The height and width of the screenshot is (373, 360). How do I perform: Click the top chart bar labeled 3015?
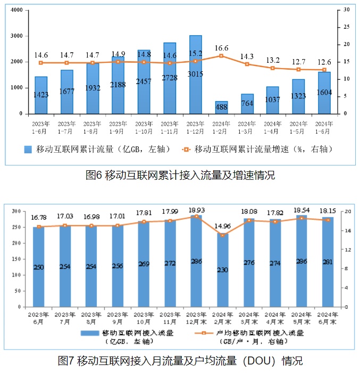pyautogui.click(x=195, y=74)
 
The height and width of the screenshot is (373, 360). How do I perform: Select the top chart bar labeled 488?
pyautogui.click(x=221, y=107)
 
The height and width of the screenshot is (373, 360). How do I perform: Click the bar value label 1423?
pyautogui.click(x=41, y=95)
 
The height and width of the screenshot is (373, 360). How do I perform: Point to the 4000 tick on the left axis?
pyautogui.click(x=16, y=10)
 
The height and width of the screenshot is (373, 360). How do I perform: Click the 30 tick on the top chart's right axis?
pyautogui.click(x=346, y=10)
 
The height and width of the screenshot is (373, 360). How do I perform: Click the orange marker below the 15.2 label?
pyautogui.click(x=195, y=61)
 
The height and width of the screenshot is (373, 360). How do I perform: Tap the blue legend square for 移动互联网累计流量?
pyautogui.click(x=28, y=150)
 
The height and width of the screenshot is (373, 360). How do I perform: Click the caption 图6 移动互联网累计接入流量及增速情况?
pyautogui.click(x=180, y=175)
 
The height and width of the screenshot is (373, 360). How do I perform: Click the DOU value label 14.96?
pyautogui.click(x=222, y=226)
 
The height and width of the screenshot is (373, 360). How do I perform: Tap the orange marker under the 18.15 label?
pyautogui.click(x=328, y=220)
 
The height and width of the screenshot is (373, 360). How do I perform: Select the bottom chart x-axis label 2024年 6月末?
pyautogui.click(x=327, y=318)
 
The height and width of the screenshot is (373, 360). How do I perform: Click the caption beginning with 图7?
pyautogui.click(x=180, y=361)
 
